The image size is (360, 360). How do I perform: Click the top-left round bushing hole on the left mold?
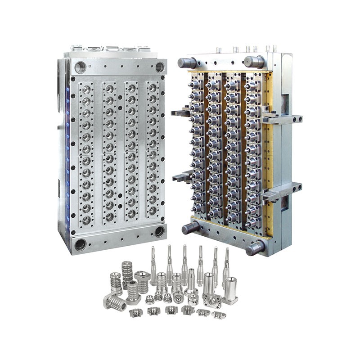pos(81,67)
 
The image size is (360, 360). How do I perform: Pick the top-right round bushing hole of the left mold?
pos(160,67)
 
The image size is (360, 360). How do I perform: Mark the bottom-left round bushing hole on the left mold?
pos(81,245)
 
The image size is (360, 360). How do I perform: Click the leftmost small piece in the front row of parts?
pos(133,311)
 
